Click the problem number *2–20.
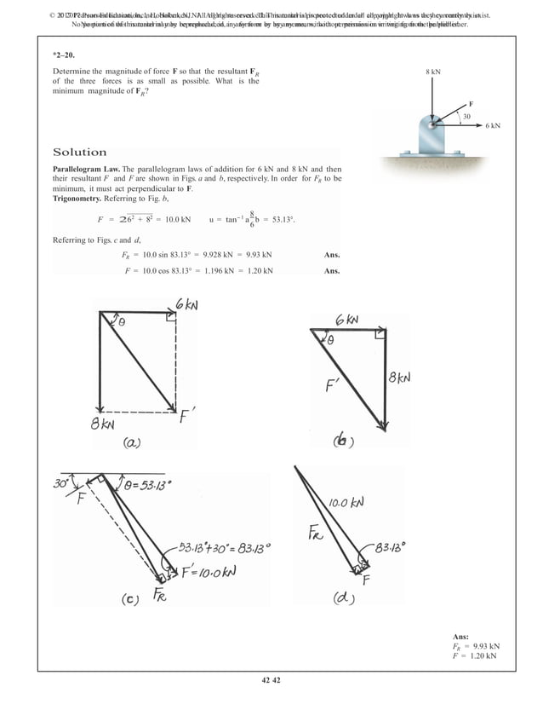coord(64,54)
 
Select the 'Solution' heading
coord(80,153)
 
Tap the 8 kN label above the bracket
coord(432,73)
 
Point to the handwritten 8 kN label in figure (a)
coord(105,424)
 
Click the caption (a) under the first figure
coord(135,442)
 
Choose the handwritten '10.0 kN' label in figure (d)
coord(347,503)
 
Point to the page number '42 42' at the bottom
coord(271,679)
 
